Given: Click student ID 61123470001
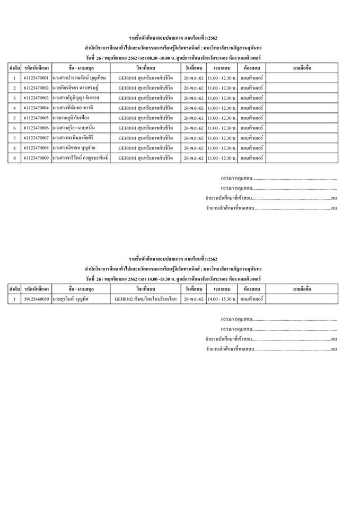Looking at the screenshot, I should click(37, 78).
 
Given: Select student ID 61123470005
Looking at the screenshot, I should click(37, 118).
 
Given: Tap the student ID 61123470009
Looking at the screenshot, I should click(37, 158).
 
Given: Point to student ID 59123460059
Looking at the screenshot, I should click(37, 299).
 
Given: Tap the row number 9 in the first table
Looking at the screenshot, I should click(14, 158).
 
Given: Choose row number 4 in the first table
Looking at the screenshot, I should click(14, 108).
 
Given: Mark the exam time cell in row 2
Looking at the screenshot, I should click(222, 87).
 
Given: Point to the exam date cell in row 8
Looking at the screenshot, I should click(192, 148).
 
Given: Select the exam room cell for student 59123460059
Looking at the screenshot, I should click(251, 299).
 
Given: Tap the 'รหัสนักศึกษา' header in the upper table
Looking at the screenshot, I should click(37, 68).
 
